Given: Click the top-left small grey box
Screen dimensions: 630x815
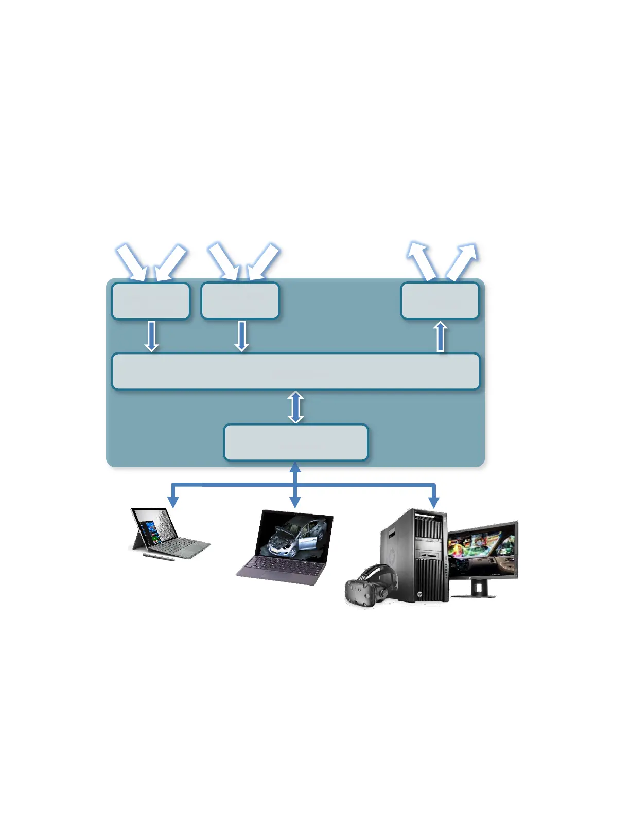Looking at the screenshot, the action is [150, 300].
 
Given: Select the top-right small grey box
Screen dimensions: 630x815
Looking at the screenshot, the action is [440, 300].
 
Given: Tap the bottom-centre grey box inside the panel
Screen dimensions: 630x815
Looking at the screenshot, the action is [295, 442].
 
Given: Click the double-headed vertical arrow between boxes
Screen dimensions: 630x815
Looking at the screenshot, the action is [295, 407].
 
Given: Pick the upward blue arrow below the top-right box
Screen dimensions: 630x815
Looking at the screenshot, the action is [440, 336].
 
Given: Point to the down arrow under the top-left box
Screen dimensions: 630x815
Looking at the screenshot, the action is [151, 336].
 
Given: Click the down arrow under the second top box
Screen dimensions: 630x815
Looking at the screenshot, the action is [241, 336].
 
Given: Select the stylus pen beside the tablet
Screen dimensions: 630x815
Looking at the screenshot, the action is [159, 556].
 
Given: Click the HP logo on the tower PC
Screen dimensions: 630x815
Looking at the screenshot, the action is [419, 594].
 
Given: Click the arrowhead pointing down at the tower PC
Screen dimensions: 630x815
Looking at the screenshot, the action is [434, 502].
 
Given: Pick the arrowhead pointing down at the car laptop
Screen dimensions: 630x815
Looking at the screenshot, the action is [295, 502].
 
